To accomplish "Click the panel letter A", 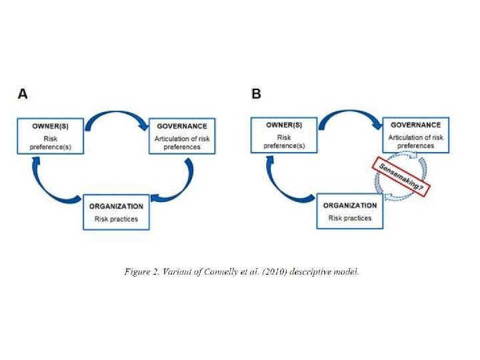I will [23, 94].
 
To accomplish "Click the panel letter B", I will [256, 94].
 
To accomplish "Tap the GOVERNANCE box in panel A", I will [182, 136].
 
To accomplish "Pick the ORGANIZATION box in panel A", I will [117, 212].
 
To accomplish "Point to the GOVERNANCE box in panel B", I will [415, 135].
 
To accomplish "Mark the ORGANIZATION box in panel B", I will [350, 211].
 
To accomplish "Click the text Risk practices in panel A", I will [116, 219].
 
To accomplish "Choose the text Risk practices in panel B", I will [350, 218].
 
